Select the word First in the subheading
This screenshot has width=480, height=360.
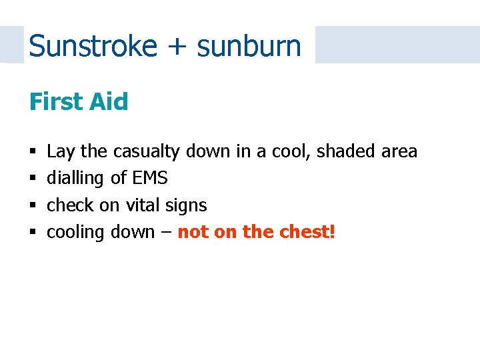coord(56,102)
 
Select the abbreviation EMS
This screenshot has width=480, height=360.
coord(150,179)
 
